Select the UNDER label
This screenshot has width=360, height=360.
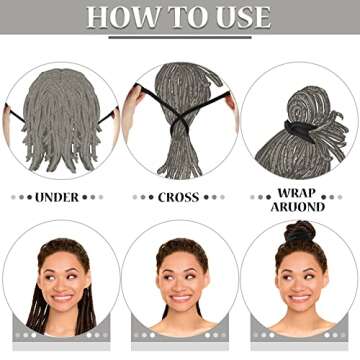click(57, 197)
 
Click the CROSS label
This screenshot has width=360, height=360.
click(178, 197)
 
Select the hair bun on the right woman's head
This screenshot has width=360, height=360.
click(300, 233)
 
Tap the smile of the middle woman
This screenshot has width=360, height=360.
click(180, 297)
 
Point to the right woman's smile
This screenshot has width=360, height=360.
click(300, 297)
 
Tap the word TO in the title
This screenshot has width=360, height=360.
click(180, 17)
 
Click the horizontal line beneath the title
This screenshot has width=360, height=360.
click(180, 37)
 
